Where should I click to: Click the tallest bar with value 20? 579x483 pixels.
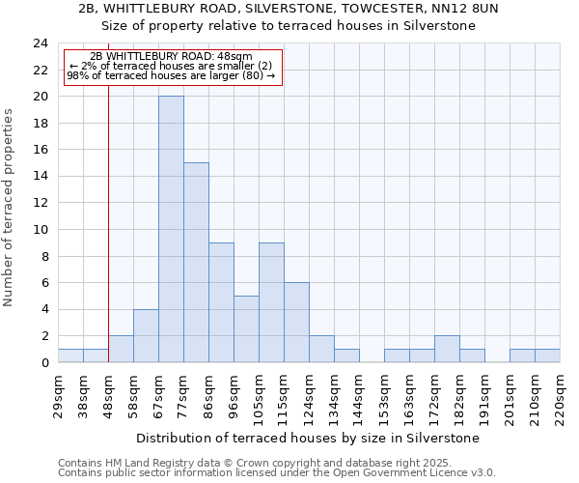click(171, 229)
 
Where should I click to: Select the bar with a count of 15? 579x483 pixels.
click(196, 263)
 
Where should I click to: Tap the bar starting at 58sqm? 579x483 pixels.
click(146, 336)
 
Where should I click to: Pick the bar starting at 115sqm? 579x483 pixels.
click(296, 323)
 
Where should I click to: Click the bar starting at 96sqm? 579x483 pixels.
click(246, 328)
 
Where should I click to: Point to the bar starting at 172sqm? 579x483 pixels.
click(447, 349)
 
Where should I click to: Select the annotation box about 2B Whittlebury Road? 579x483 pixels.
click(173, 67)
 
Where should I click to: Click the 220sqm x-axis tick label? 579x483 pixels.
click(561, 395)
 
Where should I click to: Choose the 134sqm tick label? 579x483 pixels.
click(335, 395)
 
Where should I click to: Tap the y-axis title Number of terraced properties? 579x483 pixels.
click(9, 207)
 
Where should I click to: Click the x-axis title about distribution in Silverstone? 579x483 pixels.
click(308, 438)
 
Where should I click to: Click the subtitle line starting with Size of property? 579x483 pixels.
click(289, 26)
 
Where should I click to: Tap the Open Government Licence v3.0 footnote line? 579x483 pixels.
click(277, 473)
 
